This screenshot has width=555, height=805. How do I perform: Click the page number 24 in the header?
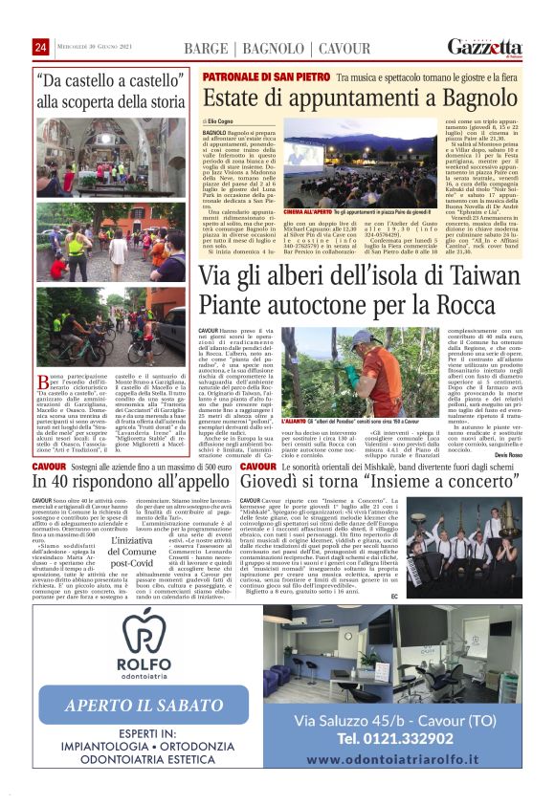(x=40, y=48)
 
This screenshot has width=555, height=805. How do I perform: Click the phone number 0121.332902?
(x=402, y=737)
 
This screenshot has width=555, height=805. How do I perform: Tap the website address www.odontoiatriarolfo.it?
(x=403, y=760)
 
